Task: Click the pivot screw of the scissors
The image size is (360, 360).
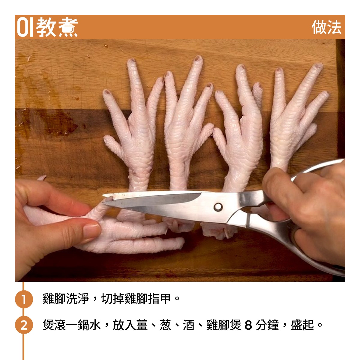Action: [x=218, y=207]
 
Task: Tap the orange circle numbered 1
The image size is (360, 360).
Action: [x=24, y=299]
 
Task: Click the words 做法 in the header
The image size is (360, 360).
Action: [x=326, y=27]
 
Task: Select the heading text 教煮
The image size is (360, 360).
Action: [x=57, y=27]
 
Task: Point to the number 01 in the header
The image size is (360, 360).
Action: [x=25, y=27]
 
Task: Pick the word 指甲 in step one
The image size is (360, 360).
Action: [x=159, y=299]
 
